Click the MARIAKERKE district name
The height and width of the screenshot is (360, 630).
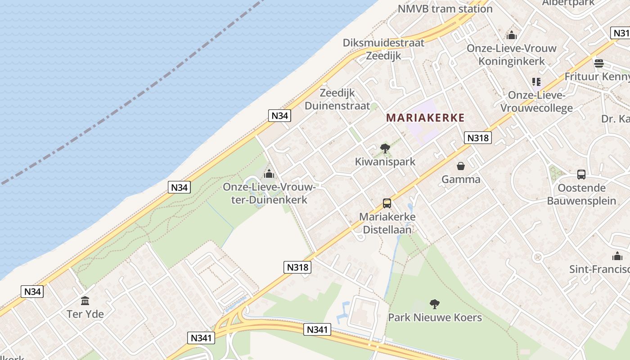tap(425, 118)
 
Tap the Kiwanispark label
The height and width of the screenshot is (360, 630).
tap(385, 162)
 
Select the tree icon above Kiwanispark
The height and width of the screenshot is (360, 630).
tap(385, 148)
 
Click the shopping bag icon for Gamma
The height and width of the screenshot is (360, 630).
tap(461, 166)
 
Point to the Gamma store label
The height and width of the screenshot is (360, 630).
tap(461, 180)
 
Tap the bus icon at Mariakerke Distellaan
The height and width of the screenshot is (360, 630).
tap(387, 203)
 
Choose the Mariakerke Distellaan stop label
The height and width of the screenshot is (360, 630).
tap(387, 223)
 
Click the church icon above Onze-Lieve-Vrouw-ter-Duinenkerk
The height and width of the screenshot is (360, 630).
tap(269, 173)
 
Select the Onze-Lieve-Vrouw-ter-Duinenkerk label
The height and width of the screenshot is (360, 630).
tap(269, 193)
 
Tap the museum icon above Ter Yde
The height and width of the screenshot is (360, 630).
tap(85, 301)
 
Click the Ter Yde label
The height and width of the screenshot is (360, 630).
tap(85, 314)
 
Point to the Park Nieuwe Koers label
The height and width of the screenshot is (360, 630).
tap(435, 318)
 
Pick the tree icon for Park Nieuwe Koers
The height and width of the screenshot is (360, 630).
tap(435, 304)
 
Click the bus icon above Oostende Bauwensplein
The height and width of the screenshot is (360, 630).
tap(581, 175)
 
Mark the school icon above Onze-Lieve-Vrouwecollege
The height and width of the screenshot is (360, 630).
tap(536, 81)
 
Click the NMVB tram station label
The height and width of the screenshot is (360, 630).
tap(445, 9)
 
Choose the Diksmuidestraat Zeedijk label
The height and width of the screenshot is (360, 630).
tap(383, 49)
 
